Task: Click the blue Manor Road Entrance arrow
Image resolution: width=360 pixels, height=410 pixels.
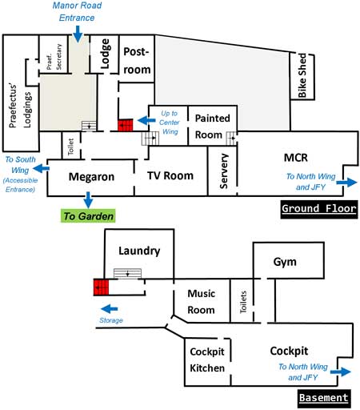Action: coord(78,34)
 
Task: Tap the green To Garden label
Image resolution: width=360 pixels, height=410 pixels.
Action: coord(88,216)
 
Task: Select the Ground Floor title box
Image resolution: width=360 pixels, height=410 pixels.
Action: coord(319,209)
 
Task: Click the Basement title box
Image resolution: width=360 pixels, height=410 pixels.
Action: coord(324,398)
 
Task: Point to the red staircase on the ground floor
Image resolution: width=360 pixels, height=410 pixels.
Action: coord(126,125)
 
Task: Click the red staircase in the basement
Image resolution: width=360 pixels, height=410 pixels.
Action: coord(101,287)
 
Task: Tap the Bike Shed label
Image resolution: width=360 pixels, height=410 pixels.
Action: coord(302,76)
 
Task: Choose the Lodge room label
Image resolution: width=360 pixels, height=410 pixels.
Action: coord(105,54)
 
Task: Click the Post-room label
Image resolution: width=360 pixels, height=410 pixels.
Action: coord(137,61)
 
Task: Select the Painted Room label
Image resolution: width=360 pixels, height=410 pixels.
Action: coord(212,127)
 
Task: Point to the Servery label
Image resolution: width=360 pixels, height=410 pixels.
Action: coord(223,171)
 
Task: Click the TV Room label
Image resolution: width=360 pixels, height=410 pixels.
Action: coord(170,175)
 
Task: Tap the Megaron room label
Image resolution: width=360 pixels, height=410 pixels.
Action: coord(91,177)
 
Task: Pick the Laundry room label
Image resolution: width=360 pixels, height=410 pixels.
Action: coord(139,251)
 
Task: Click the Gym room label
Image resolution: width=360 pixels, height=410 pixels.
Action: coord(285,262)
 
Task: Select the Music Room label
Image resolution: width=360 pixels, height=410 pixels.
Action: coord(202,302)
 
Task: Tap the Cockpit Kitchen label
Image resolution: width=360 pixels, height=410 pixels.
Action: coord(207,360)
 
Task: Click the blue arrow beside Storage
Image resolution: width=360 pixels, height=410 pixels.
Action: coord(110,309)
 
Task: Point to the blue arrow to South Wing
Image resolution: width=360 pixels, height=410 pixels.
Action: coord(41,169)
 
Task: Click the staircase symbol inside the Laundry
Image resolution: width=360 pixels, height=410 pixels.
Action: coord(127,274)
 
